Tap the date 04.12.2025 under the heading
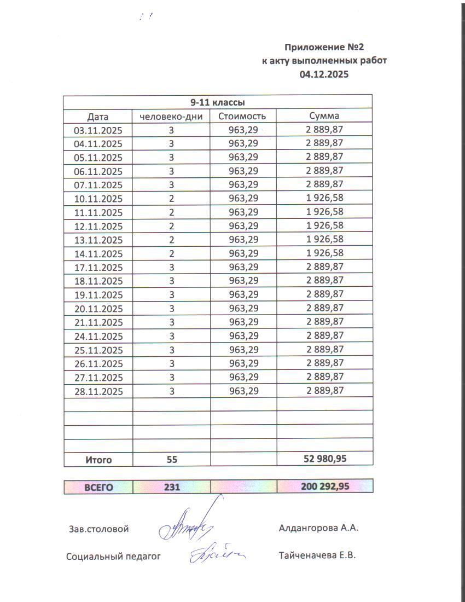[x=324, y=74]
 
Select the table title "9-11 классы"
[x=217, y=102]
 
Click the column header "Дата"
[x=98, y=117]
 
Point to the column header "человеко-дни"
[x=172, y=116]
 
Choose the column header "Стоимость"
[x=242, y=116]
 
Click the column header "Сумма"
[x=324, y=116]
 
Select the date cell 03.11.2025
[x=98, y=130]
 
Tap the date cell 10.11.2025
[x=98, y=199]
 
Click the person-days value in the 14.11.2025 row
[x=171, y=253]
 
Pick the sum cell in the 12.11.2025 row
[x=324, y=226]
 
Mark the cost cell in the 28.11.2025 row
[x=243, y=391]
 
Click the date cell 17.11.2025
[x=98, y=268]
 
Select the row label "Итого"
[x=98, y=460]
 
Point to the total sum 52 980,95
[x=324, y=459]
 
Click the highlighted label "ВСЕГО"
[x=98, y=487]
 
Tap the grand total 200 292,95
[x=324, y=486]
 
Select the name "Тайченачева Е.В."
[x=317, y=556]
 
